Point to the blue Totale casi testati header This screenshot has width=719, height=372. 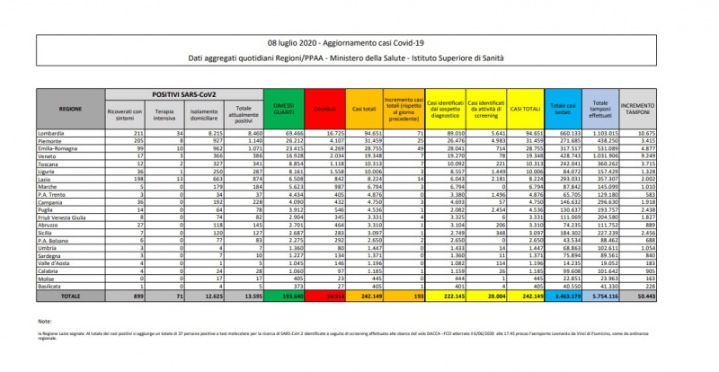[564, 109]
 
